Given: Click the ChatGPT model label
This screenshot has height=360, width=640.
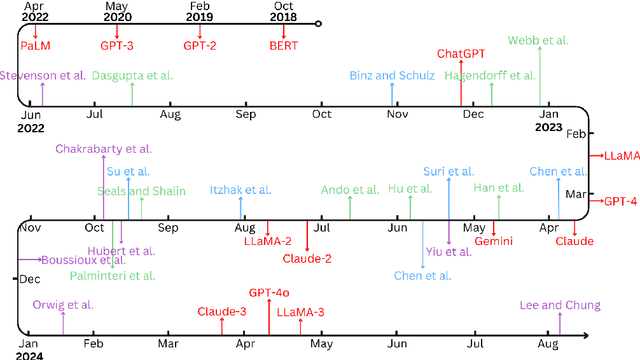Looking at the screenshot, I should coord(461,53).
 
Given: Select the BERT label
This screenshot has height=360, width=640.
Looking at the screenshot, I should coord(284,45).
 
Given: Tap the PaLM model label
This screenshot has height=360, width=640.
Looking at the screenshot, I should coord(36,45).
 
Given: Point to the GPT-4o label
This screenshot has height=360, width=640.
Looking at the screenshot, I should coord(269,293).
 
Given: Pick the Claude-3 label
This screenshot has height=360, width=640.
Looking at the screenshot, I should coord(221,312).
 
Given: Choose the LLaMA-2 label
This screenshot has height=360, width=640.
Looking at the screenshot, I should coord(268,241).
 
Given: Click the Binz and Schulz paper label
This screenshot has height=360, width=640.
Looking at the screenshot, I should coord(392,75).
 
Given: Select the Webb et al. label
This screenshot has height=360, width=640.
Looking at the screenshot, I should coord(540,41).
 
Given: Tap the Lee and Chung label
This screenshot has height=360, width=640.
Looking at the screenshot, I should coord(560,305).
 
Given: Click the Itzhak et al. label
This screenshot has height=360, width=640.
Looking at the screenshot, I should coord(241,189).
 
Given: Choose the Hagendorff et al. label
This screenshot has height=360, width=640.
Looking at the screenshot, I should coord(493,75).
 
